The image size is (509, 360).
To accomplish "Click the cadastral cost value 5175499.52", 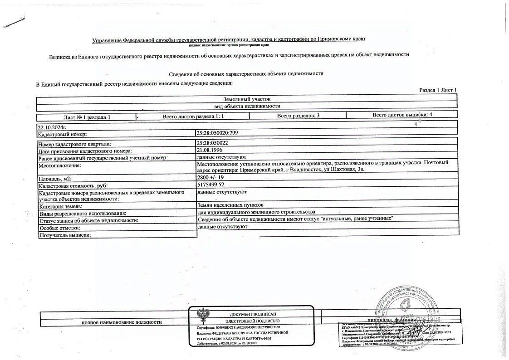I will (x=212, y=185).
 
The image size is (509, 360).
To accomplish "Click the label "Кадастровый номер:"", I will (x=62, y=134).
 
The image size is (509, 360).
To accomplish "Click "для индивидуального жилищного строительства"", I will (x=256, y=213).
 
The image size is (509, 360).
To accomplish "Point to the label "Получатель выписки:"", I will (x=65, y=235).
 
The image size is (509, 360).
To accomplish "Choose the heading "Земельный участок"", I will (x=246, y=98).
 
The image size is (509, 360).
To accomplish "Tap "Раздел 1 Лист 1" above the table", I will (x=438, y=90).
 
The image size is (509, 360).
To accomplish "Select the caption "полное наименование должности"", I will (x=122, y=322).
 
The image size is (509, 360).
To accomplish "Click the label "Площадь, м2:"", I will (x=57, y=179).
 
